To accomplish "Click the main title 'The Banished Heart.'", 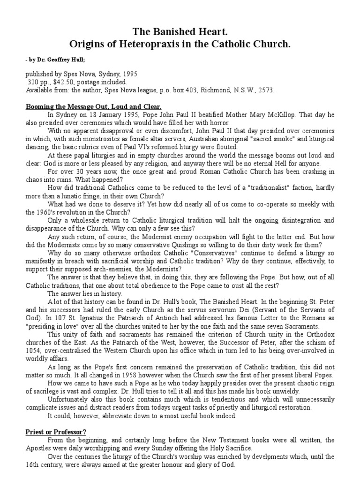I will point(180,32).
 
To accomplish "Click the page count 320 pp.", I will point(37,82).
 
